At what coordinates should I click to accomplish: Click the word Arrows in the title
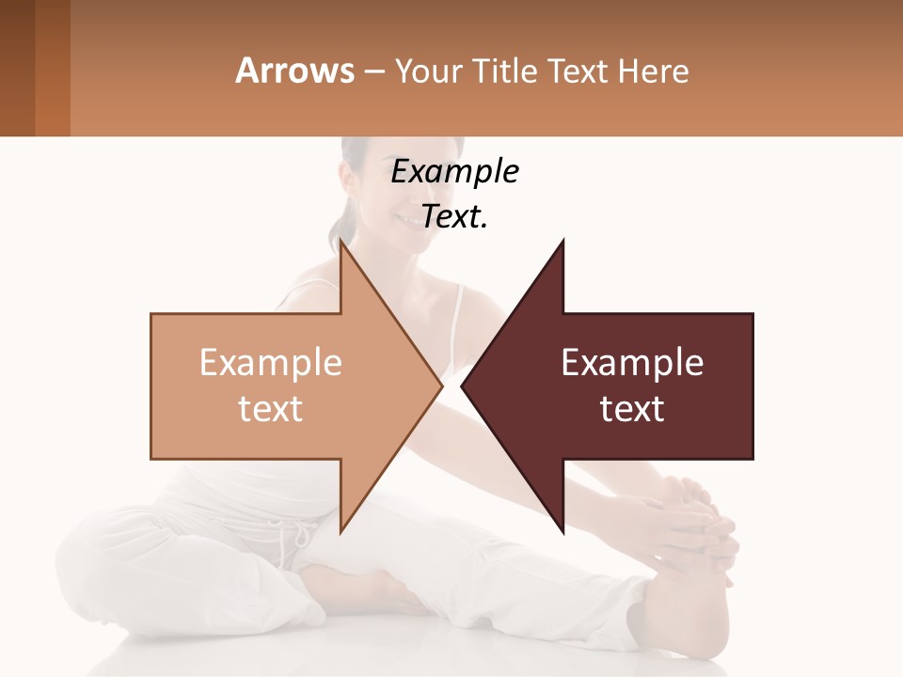point(294,71)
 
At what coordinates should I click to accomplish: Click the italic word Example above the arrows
point(454,172)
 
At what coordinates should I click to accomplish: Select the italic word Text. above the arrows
point(454,217)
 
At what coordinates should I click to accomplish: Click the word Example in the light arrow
point(270,363)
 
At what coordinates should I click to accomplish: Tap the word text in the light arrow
point(270,409)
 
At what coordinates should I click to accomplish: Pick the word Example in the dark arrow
point(632,363)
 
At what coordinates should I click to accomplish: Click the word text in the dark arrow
point(632,409)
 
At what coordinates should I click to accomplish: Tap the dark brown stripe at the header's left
point(17,68)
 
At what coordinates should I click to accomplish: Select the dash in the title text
point(372,72)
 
